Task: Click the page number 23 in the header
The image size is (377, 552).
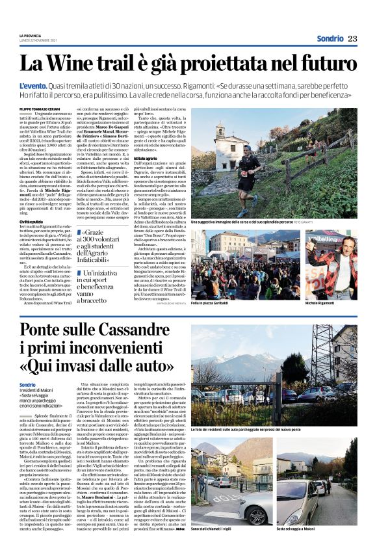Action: pos(353,38)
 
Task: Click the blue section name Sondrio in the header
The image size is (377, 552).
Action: pos(330,38)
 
